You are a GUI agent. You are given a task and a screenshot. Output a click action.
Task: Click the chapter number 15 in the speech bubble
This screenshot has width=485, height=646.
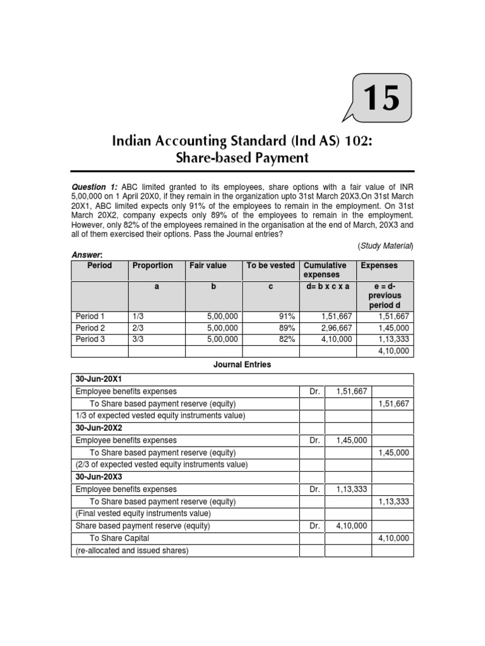click(381, 98)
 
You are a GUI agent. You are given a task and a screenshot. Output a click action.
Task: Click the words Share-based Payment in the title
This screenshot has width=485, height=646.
click(242, 157)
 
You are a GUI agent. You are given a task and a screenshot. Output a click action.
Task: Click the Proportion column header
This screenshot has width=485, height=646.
click(152, 266)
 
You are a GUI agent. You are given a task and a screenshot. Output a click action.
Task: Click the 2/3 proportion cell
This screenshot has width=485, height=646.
click(138, 328)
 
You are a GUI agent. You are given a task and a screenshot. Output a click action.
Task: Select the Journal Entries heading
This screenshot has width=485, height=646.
click(242, 365)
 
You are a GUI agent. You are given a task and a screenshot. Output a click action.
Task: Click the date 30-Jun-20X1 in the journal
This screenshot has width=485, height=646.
click(100, 379)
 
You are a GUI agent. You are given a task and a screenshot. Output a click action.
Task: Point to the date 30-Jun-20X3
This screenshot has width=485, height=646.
click(100, 477)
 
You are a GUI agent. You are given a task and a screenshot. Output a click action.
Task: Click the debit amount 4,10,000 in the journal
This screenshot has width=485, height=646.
click(352, 526)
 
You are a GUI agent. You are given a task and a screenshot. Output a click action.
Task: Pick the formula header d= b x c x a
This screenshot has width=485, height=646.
click(327, 285)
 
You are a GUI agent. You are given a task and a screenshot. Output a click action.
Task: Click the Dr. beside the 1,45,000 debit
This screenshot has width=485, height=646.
click(315, 440)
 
